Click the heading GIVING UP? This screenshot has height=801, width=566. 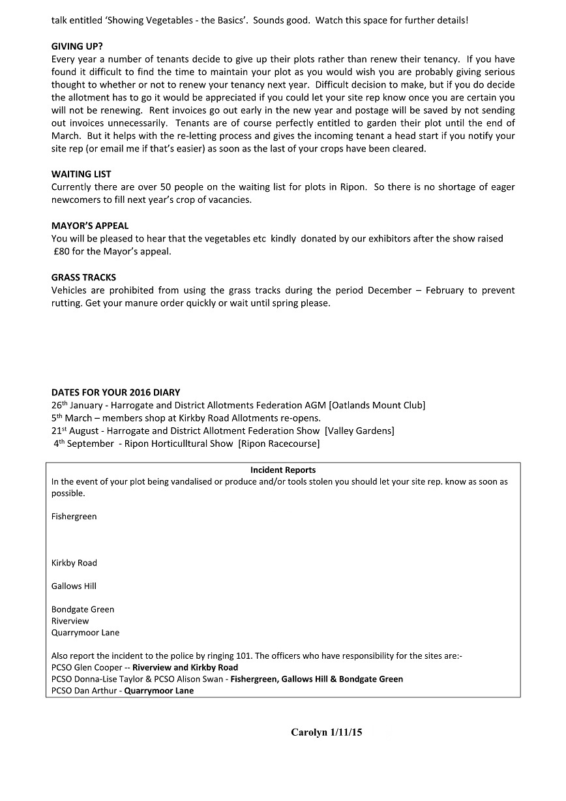click(x=77, y=46)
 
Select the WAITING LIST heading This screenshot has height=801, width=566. click(x=81, y=174)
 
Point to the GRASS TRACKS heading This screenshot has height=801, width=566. click(x=83, y=277)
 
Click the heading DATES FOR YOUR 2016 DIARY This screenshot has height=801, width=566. click(x=115, y=393)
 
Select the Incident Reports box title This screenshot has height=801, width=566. click(x=283, y=470)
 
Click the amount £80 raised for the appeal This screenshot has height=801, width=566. click(x=62, y=251)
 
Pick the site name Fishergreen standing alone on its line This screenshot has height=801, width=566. click(x=74, y=517)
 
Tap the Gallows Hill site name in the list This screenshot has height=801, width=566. click(x=74, y=586)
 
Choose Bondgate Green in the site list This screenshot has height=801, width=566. click(x=83, y=609)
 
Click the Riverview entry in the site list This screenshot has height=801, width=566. click(x=70, y=621)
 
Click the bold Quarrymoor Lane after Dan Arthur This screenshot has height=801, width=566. click(x=159, y=691)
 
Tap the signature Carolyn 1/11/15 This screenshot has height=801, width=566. click(x=326, y=733)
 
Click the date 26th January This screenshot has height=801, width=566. click(x=77, y=405)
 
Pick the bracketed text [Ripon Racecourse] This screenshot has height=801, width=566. click(x=278, y=444)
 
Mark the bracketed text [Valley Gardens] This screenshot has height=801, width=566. click(x=359, y=431)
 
